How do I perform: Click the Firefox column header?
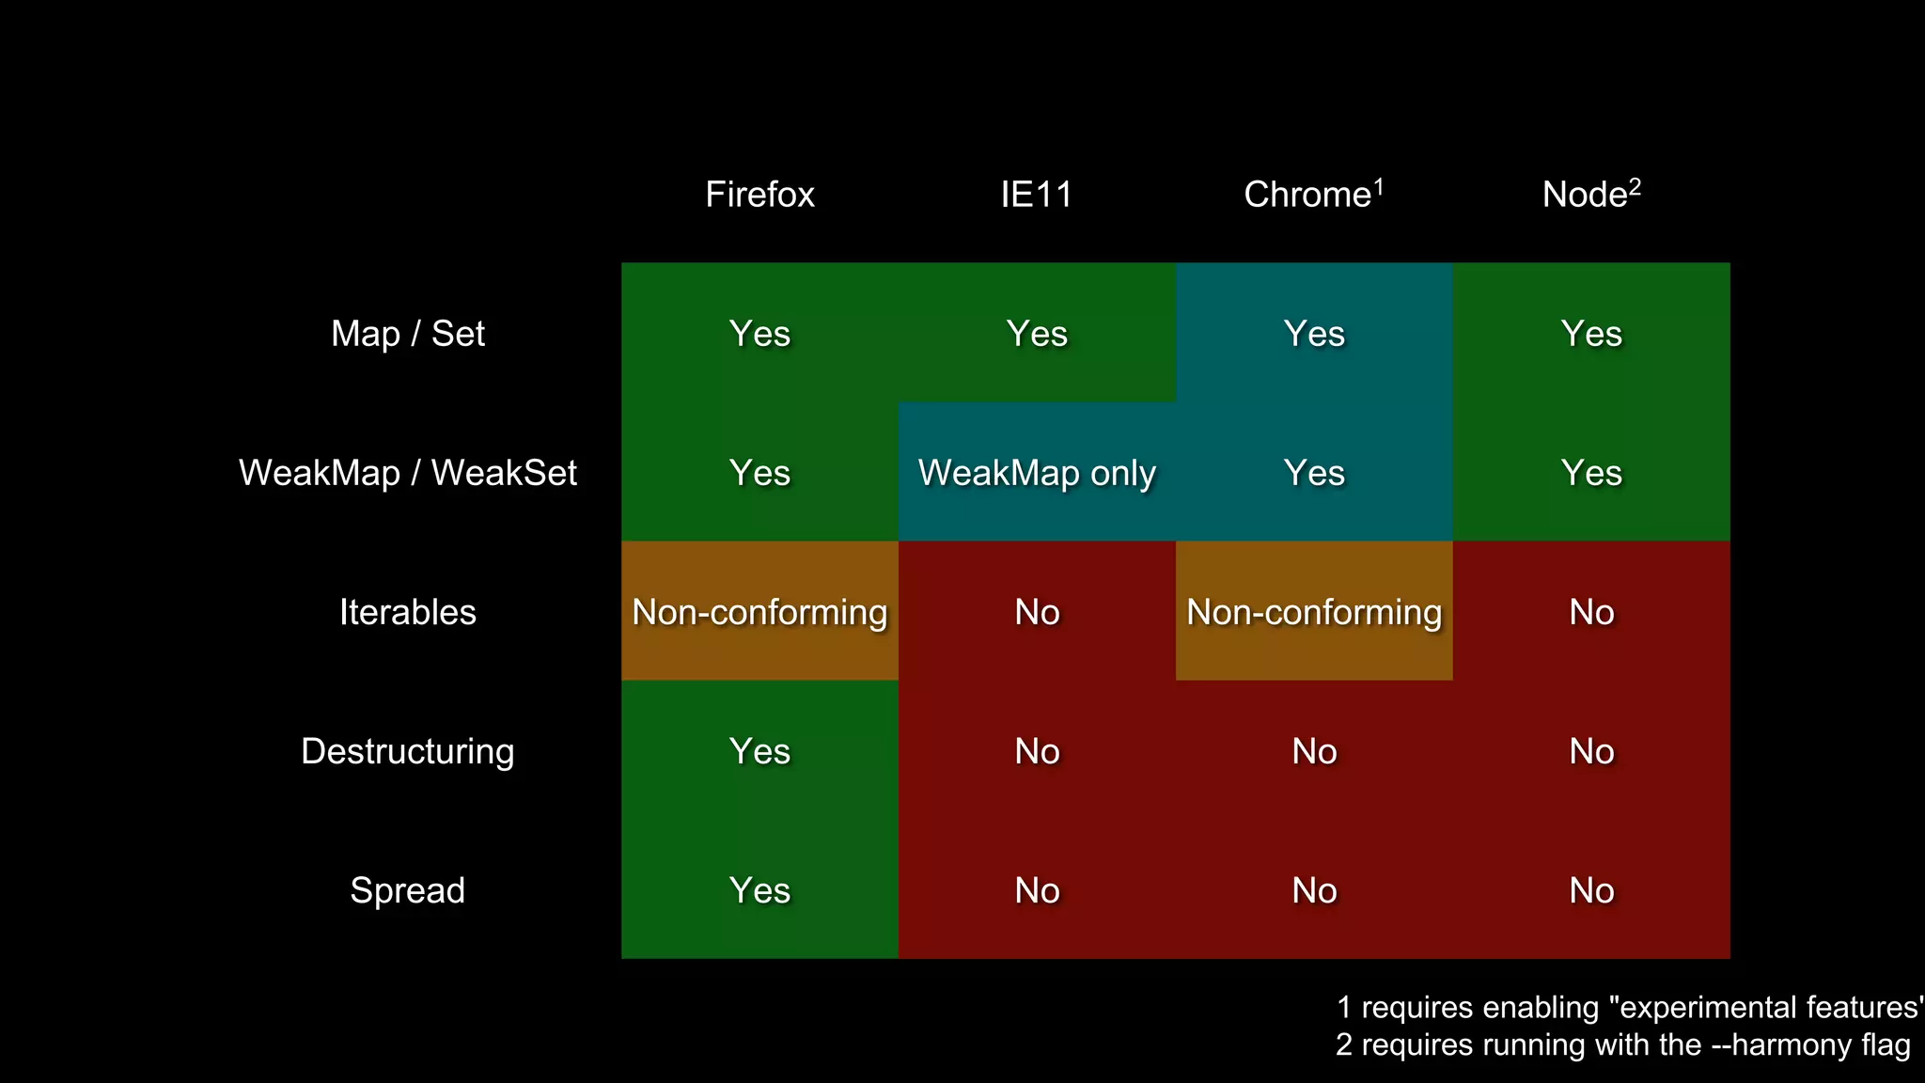click(759, 195)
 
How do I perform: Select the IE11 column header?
click(1037, 195)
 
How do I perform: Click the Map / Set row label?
click(408, 334)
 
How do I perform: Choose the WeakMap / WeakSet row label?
click(408, 473)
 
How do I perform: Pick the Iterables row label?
click(408, 612)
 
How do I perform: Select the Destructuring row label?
click(408, 751)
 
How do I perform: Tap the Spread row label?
click(408, 890)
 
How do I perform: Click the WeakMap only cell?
click(1037, 473)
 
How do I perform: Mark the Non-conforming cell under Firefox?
click(759, 612)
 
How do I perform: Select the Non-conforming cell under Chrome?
click(1314, 612)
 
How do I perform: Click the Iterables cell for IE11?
click(1037, 612)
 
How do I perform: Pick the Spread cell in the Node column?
click(1591, 890)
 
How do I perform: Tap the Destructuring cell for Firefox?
click(759, 751)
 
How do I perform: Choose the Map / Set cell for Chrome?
click(1314, 334)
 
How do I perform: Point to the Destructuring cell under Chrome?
click(1314, 751)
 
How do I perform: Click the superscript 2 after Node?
click(1635, 186)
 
